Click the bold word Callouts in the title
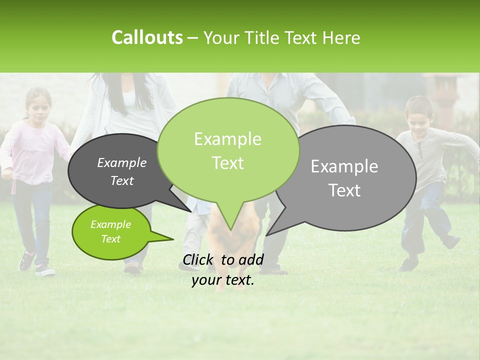pyautogui.click(x=147, y=37)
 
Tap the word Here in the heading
pyautogui.click(x=342, y=37)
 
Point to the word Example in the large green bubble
pyautogui.click(x=227, y=139)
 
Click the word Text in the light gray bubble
pyautogui.click(x=344, y=190)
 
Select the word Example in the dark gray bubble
pyautogui.click(x=121, y=162)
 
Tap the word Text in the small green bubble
pyautogui.click(x=110, y=239)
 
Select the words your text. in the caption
pyautogui.click(x=223, y=280)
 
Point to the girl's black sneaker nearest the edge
pyautogui.click(x=26, y=261)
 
